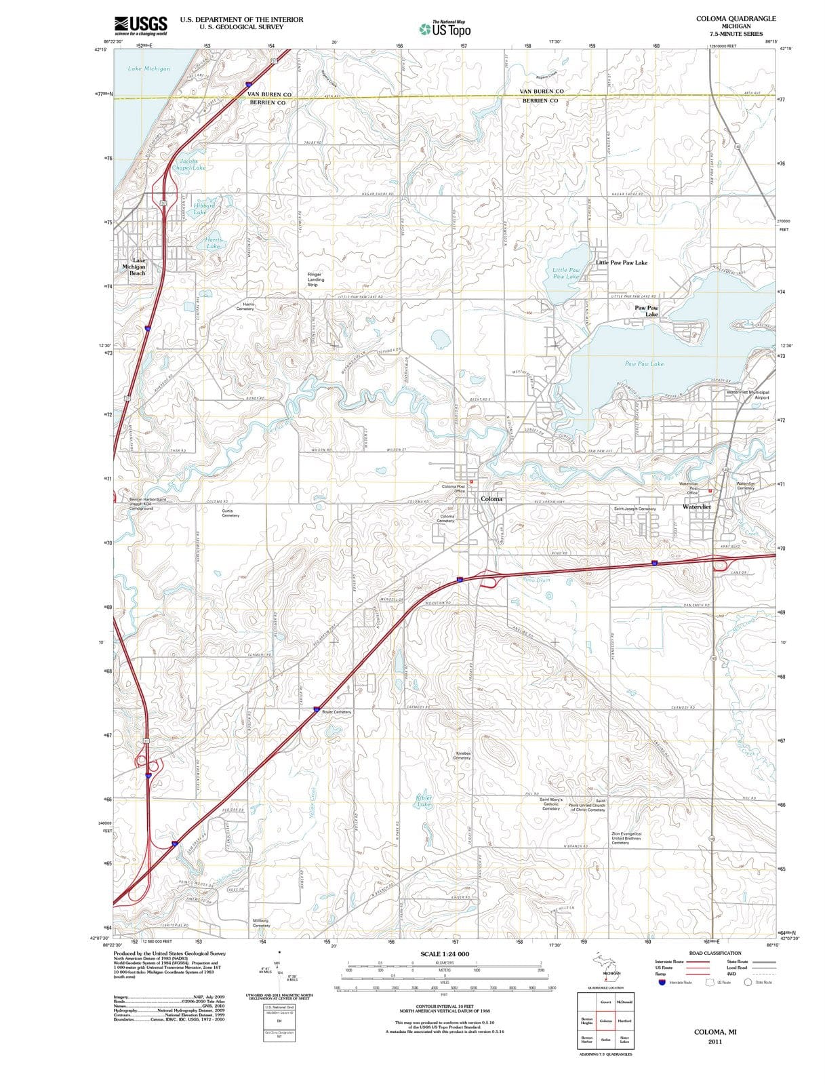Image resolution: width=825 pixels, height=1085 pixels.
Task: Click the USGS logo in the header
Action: pyautogui.click(x=141, y=25)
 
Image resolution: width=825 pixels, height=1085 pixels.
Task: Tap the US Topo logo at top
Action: pyautogui.click(x=444, y=28)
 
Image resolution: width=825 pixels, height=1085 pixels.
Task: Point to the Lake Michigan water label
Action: pyautogui.click(x=149, y=68)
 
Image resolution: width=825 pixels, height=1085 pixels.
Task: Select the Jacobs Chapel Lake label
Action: pyautogui.click(x=188, y=165)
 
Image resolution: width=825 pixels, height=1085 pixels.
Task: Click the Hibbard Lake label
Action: pyautogui.click(x=202, y=209)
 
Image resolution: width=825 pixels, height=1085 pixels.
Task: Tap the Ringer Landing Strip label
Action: pyautogui.click(x=316, y=279)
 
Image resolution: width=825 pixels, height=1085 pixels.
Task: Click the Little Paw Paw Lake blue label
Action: pyautogui.click(x=566, y=273)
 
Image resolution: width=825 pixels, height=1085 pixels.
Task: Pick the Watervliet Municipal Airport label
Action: pyautogui.click(x=748, y=395)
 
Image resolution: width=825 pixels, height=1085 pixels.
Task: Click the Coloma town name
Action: pyautogui.click(x=491, y=499)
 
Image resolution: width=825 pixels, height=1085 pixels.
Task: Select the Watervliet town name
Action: pyautogui.click(x=697, y=507)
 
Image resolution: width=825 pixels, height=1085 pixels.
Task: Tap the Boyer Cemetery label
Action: pyautogui.click(x=337, y=712)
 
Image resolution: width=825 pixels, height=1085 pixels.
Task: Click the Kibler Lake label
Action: pyautogui.click(x=424, y=802)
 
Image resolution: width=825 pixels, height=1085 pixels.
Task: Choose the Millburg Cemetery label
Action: pyautogui.click(x=261, y=923)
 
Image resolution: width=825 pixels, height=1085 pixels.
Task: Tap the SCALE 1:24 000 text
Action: pyautogui.click(x=445, y=954)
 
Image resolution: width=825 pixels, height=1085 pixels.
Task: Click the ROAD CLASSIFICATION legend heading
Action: pyautogui.click(x=715, y=953)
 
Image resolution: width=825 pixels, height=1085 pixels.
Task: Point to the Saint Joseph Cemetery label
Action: pyautogui.click(x=635, y=509)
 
